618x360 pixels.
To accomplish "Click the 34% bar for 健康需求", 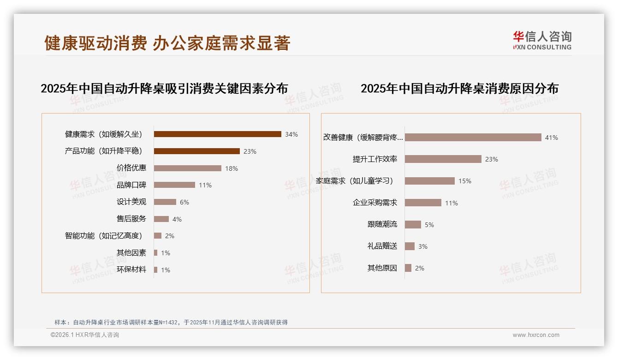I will [217, 134].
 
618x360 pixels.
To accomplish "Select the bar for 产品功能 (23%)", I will [196, 151].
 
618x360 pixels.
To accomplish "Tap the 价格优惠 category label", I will [131, 168].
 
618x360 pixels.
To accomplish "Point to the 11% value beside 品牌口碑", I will [205, 185].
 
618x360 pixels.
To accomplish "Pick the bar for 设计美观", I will [165, 202].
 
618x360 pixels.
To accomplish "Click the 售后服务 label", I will [131, 219].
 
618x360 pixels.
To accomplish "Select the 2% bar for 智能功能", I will [157, 236].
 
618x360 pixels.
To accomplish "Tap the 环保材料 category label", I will [131, 270].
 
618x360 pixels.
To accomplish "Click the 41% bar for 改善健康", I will [473, 138].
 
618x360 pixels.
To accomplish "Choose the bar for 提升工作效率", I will [443, 159].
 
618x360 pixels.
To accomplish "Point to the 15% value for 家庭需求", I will [464, 181].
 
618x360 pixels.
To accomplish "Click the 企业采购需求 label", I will [375, 203].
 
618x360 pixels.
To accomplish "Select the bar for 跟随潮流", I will [413, 224].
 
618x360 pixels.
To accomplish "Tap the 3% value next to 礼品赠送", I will [422, 246].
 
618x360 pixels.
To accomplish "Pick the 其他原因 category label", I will [382, 268].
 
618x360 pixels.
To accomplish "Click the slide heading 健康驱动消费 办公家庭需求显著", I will [167, 43].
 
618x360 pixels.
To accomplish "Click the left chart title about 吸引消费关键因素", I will [164, 89].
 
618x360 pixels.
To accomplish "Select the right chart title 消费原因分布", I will [459, 89].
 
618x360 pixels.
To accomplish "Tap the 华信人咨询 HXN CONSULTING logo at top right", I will [542, 40].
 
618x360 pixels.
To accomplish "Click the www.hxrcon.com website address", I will [535, 335].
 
